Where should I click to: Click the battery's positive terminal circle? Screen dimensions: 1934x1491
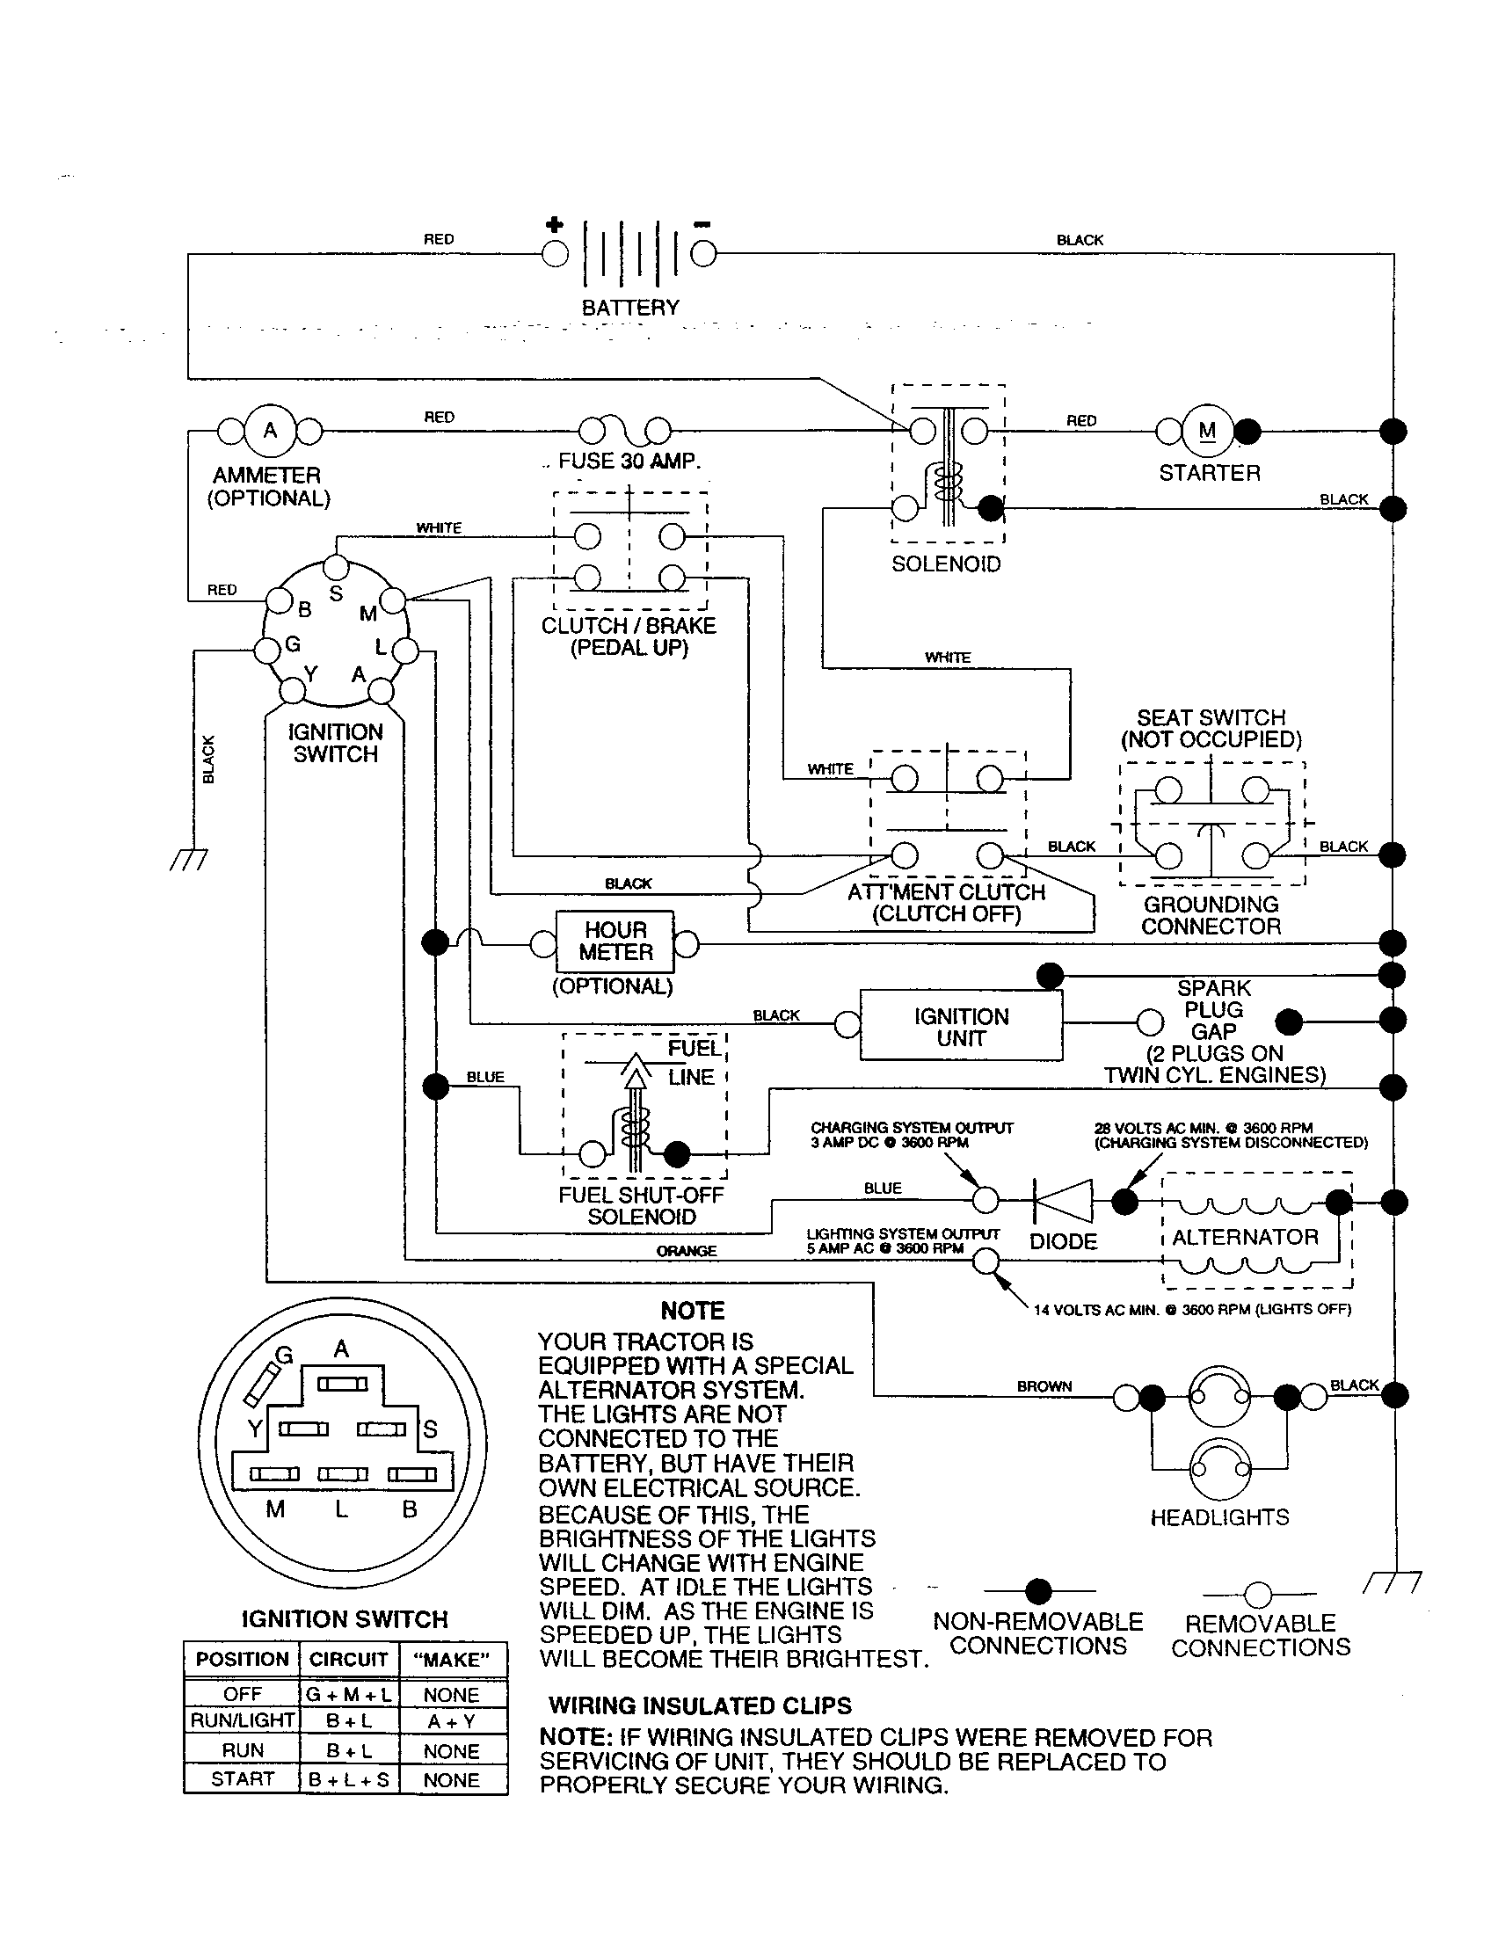pos(555,254)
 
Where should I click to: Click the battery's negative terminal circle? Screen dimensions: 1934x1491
pos(703,254)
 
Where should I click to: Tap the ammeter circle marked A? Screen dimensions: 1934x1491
pos(270,431)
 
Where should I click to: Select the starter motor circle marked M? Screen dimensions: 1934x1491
pos(1208,431)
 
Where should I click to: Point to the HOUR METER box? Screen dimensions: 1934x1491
pos(615,942)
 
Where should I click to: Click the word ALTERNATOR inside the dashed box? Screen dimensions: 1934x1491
pos(1245,1237)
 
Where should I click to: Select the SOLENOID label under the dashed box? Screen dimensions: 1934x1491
pos(946,564)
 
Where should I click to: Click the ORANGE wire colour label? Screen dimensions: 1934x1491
pos(687,1250)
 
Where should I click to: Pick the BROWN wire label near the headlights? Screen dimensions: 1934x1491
pos(1044,1385)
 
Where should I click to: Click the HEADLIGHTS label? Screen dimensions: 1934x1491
pos(1219,1517)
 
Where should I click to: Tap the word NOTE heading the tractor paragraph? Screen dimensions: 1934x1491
pos(693,1311)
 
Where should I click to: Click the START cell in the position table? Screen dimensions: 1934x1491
pos(242,1778)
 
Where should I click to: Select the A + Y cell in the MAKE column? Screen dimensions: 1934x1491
pos(452,1720)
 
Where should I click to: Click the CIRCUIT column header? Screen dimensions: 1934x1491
pos(348,1659)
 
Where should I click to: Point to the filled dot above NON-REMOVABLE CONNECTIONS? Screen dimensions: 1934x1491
pos(1037,1591)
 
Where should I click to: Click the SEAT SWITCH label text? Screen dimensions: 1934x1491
pos(1211,717)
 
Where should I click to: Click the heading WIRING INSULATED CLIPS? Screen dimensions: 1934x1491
pos(700,1705)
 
